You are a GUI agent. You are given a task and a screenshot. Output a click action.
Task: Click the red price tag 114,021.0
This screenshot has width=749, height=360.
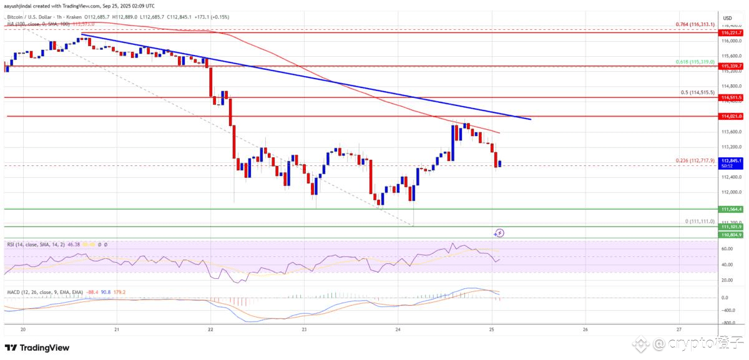732,117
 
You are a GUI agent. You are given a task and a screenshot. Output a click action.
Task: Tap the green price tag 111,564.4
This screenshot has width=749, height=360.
732,210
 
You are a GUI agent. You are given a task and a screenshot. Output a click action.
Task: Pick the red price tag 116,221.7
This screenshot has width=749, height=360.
732,32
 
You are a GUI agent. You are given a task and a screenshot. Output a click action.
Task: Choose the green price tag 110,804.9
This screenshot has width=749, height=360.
732,234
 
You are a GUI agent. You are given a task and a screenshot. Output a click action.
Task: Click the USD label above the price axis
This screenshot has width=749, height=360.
727,18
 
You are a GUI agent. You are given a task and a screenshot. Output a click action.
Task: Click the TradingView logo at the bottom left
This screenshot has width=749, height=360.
37,348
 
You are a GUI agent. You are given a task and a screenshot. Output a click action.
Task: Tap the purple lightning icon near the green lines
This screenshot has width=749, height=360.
499,233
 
